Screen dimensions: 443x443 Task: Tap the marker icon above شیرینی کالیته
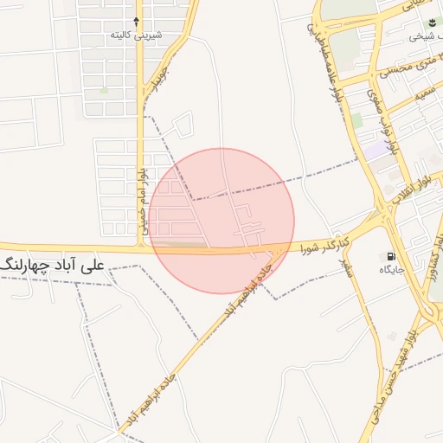click(x=137, y=20)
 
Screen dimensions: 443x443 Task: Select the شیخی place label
click(x=422, y=36)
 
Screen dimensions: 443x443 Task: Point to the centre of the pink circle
click(x=221, y=221)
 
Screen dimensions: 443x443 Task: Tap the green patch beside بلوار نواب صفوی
click(x=356, y=120)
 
